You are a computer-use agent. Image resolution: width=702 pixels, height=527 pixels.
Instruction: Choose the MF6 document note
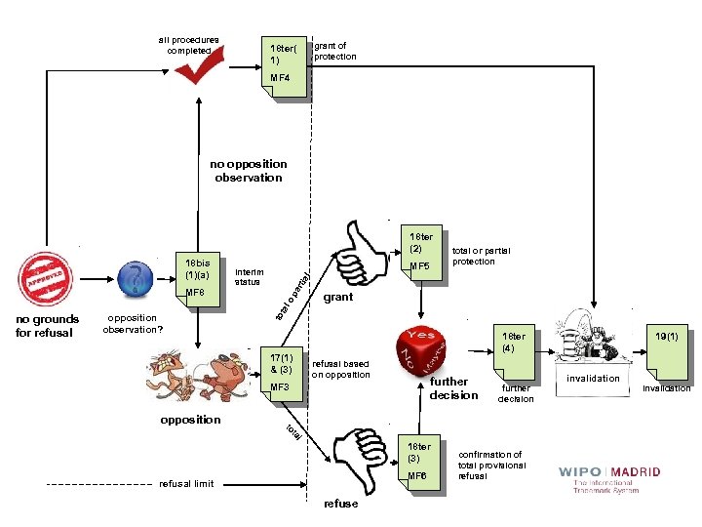(x=418, y=465)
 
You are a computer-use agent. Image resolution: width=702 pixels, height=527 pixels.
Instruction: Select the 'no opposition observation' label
(x=249, y=171)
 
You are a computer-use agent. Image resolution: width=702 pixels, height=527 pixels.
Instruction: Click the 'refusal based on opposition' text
(x=340, y=368)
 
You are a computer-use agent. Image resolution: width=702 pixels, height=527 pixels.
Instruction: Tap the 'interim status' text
(x=249, y=276)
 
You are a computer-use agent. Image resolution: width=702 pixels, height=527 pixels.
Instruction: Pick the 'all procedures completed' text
(x=189, y=45)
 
